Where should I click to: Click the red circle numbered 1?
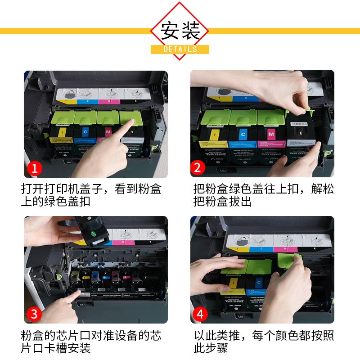[x=35, y=169]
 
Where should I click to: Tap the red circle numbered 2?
[x=197, y=168]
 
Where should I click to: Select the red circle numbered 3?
[x=36, y=313]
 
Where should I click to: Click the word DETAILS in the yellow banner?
[x=180, y=49]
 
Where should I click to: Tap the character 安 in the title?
[x=171, y=30]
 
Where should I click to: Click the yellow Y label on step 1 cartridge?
[x=60, y=132]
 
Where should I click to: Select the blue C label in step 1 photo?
[x=85, y=132]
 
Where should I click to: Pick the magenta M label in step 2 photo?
[x=270, y=134]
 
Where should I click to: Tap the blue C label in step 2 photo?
[x=243, y=134]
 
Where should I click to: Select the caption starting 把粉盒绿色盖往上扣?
[x=263, y=194]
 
